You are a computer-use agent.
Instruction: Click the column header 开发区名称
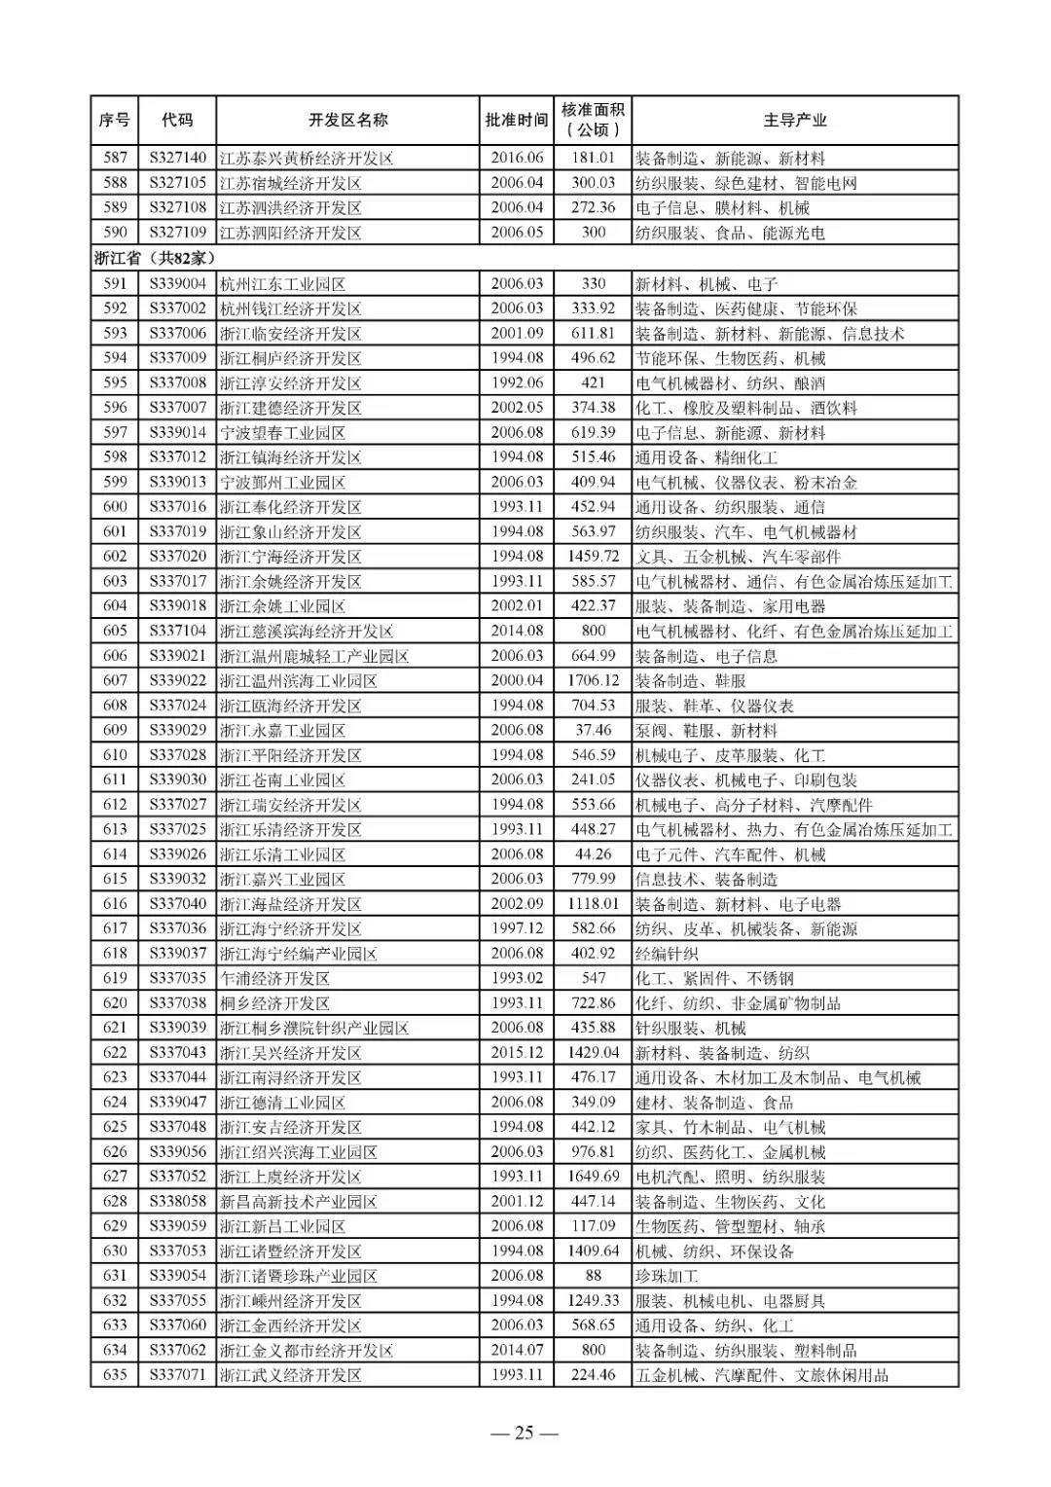(347, 121)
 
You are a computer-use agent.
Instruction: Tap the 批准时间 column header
(517, 121)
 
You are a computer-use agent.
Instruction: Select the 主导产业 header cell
(794, 121)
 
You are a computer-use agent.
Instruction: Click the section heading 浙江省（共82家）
(154, 258)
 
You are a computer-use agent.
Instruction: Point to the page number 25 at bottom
(525, 1433)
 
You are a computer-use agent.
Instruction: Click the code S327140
(177, 158)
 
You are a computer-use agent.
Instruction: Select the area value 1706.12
(593, 680)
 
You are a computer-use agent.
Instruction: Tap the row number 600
(115, 506)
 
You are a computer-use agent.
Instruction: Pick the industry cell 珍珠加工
(667, 1276)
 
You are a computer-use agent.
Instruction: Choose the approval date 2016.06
(517, 158)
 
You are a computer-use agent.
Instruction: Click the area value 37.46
(593, 730)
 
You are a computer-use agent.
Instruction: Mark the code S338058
(177, 1201)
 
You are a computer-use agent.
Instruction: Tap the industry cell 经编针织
(667, 954)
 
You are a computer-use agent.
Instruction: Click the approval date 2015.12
(517, 1052)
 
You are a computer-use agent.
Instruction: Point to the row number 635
(115, 1375)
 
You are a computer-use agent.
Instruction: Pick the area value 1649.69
(593, 1177)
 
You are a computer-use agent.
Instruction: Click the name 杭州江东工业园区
(282, 283)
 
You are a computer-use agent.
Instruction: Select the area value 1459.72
(593, 557)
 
